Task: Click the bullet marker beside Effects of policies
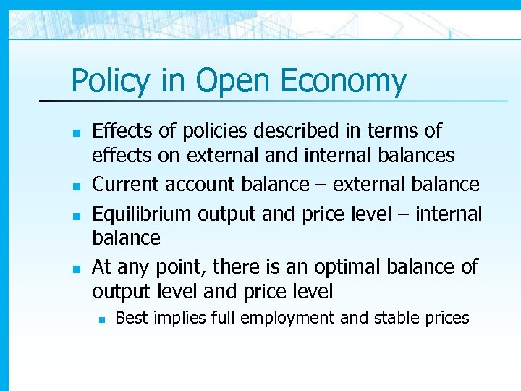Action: pos(75,133)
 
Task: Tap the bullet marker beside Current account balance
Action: pos(75,186)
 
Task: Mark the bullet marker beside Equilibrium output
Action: pos(75,216)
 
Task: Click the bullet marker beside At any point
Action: pos(75,269)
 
